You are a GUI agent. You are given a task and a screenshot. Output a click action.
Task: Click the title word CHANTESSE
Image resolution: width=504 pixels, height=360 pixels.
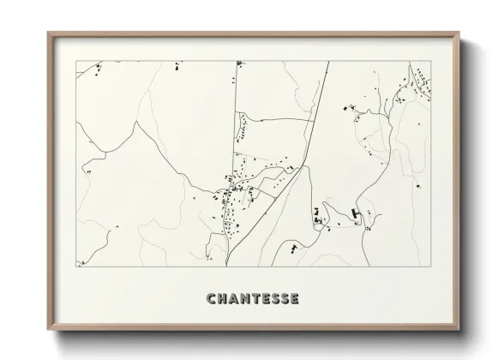tap(253, 299)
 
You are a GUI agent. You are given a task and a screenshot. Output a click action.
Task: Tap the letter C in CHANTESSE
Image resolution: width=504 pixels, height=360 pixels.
tap(211, 299)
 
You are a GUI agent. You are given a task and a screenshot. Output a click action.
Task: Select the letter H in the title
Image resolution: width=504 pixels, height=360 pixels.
tap(222, 299)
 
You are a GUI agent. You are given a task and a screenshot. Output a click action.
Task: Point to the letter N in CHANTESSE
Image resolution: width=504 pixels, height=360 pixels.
tap(244, 299)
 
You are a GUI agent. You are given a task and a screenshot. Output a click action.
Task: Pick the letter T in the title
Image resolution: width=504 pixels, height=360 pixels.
tap(255, 299)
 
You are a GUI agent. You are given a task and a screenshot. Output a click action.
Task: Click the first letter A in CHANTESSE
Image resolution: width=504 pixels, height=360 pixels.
tap(233, 299)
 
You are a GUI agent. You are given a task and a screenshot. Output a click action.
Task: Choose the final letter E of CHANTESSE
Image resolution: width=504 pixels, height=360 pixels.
tap(294, 299)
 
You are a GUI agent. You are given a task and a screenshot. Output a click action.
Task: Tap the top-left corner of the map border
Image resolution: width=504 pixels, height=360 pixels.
tap(76, 61)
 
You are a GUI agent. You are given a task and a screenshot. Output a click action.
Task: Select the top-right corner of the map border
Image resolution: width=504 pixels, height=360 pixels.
tap(429, 61)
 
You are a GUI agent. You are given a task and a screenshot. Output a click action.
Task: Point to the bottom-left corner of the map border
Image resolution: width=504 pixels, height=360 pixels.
tap(76, 267)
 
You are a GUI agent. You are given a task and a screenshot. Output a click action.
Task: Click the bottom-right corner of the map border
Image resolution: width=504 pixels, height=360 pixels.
tap(429, 267)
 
